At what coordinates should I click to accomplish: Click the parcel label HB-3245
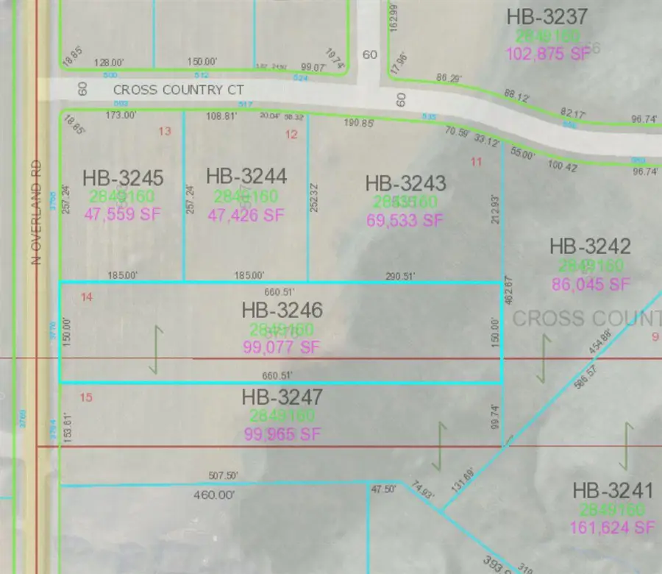[123, 178]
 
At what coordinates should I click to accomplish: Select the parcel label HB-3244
[246, 176]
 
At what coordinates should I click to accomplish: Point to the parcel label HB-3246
[282, 311]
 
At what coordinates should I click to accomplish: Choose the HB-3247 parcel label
[282, 398]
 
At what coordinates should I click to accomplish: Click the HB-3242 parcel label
[590, 247]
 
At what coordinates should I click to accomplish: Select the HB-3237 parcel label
[547, 16]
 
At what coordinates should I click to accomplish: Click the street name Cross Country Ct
[168, 90]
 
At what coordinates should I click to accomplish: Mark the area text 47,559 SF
[123, 215]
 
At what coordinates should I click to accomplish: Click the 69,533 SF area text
[405, 219]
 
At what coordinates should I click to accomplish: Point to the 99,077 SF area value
[282, 347]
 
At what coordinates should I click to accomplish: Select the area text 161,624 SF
[612, 527]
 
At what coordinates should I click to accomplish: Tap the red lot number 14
[88, 297]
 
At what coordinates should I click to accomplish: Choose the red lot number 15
[86, 398]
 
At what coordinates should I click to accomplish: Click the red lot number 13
[165, 131]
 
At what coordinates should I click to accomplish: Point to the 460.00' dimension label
[213, 495]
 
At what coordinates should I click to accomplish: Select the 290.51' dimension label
[401, 276]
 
